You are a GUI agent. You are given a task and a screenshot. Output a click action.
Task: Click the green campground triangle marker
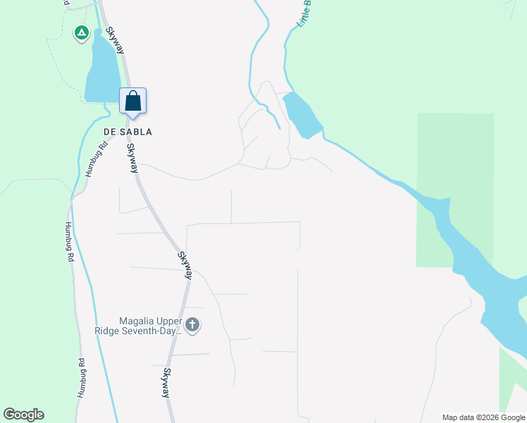point(82,32)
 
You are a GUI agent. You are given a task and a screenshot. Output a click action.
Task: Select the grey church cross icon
point(192,325)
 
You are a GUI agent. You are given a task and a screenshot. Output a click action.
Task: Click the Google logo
point(23,415)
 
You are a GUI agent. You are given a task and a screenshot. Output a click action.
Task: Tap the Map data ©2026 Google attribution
point(483,417)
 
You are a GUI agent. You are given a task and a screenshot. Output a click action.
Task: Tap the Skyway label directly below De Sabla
point(132,158)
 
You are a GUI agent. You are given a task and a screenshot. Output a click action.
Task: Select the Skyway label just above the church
point(185,265)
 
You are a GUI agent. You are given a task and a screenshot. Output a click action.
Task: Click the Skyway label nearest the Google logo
point(167,383)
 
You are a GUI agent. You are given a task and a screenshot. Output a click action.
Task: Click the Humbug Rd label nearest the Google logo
point(82,379)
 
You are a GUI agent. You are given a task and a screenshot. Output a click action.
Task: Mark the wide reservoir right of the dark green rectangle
point(493,289)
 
